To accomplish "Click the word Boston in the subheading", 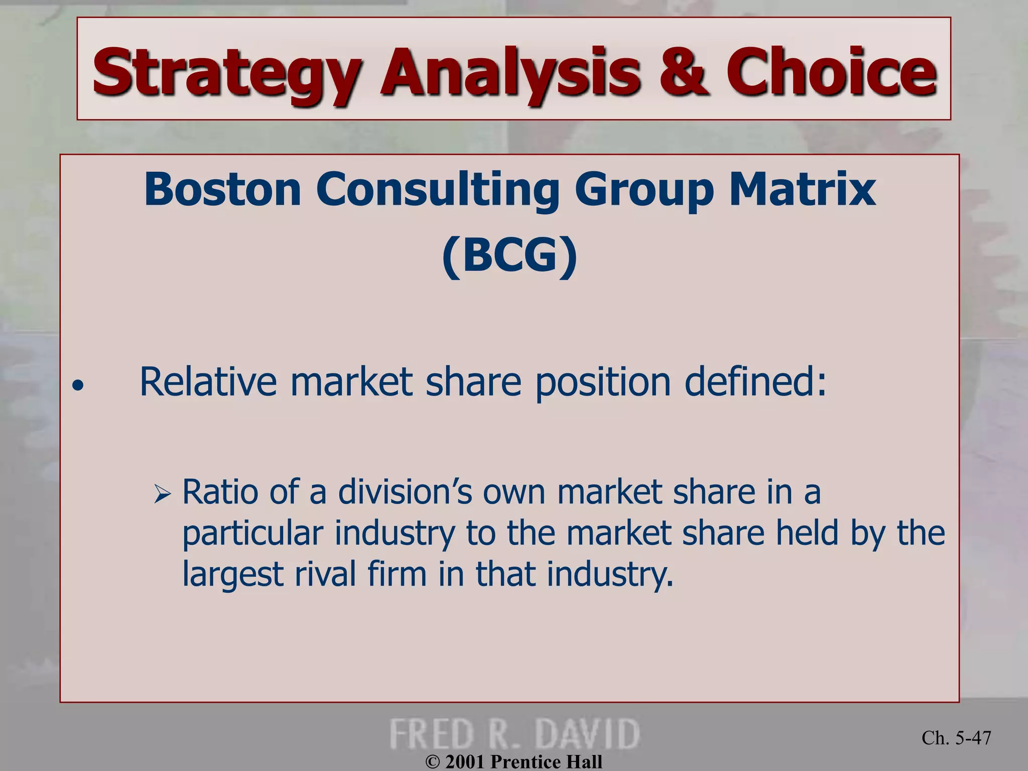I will click(222, 190).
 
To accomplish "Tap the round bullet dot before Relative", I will click(77, 386).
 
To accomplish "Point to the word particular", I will click(252, 534).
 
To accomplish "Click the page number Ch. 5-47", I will click(956, 738).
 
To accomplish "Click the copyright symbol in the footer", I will click(432, 762).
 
